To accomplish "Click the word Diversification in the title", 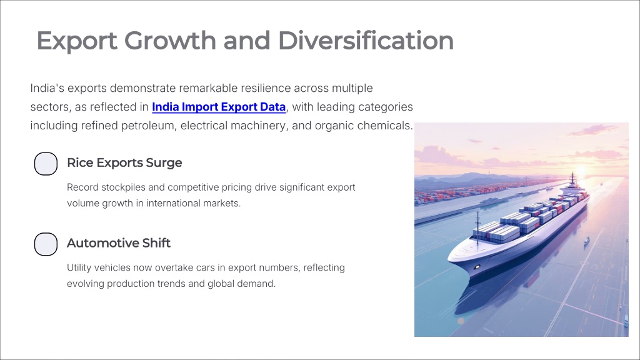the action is [x=366, y=41].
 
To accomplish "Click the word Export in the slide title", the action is [x=77, y=41].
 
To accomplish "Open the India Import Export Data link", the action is [x=219, y=107].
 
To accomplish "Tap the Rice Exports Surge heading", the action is [x=124, y=162].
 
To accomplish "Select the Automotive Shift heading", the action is [x=119, y=243].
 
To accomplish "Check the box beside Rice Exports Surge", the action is [x=46, y=164].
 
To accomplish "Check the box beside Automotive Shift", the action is [x=46, y=244].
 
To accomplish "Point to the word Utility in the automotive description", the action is [x=79, y=267].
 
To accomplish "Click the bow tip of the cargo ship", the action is [x=449, y=258].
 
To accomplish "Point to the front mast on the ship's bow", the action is [x=477, y=229].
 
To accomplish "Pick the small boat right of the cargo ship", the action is [x=586, y=241].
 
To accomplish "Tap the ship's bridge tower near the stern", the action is [x=572, y=182].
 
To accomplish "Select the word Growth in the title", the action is [x=170, y=41].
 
